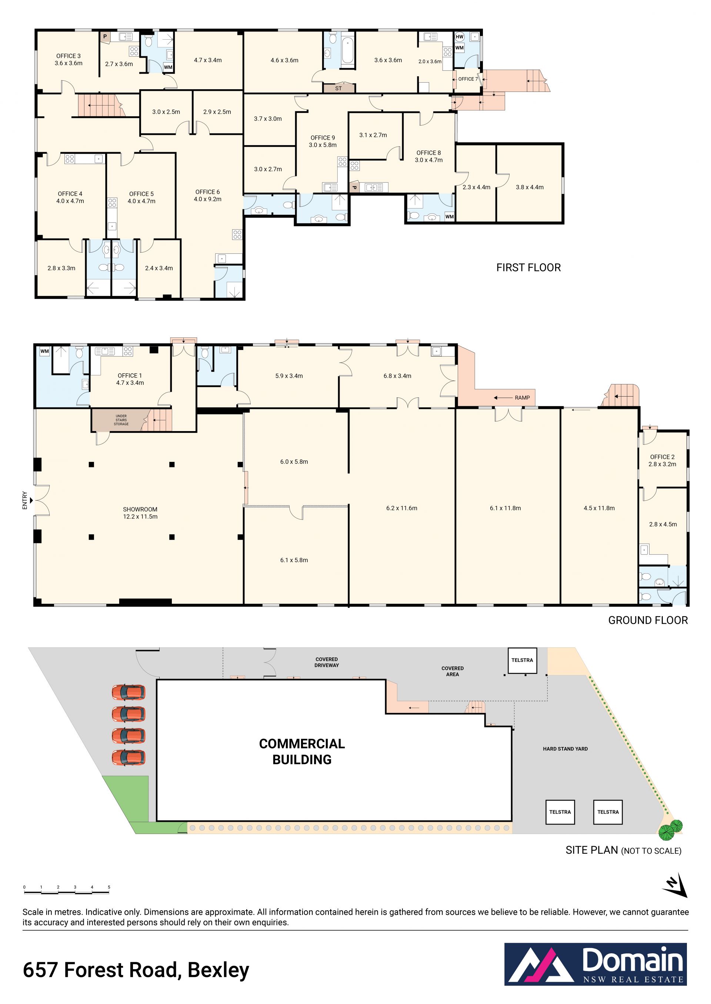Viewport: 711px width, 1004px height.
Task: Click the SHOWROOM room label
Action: (140, 509)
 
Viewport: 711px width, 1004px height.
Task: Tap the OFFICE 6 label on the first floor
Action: (207, 192)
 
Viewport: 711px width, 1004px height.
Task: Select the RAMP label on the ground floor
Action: (522, 398)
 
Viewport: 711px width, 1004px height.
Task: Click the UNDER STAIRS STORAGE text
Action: (121, 420)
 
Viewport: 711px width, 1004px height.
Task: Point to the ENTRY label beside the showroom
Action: (24, 500)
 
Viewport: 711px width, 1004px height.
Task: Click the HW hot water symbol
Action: (459, 37)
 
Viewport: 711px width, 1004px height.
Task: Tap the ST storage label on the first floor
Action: (338, 89)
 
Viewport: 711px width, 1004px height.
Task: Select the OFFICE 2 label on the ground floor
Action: (662, 457)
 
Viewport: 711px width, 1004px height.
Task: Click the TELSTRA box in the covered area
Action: (522, 660)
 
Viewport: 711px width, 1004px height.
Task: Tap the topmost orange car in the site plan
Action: (128, 692)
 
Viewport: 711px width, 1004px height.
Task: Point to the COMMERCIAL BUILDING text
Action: (302, 751)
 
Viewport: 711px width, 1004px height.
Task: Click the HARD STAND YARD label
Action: (565, 749)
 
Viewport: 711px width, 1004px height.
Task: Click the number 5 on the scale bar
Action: (109, 887)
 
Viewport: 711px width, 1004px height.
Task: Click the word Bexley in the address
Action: (218, 970)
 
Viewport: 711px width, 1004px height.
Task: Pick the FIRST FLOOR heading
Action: (528, 267)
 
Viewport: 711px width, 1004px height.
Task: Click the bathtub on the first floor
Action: (348, 51)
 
